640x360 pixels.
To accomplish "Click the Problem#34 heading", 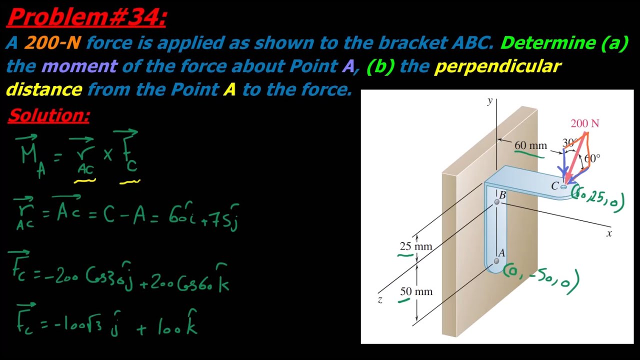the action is point(86,17).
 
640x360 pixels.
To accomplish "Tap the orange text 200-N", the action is point(52,42).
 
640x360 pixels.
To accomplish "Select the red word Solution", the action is point(49,115).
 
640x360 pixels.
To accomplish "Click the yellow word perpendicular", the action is point(497,67).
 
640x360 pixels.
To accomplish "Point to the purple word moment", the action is point(79,66).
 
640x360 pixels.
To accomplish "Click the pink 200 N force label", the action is point(585,123).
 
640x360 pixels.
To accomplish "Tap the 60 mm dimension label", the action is point(530,145).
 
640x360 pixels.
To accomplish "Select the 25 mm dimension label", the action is point(415,246).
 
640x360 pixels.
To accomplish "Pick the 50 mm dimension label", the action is point(416,291).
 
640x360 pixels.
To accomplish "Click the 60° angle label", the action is point(592,158).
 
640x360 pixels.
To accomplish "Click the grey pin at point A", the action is point(496,261).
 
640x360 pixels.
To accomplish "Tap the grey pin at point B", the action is point(497,202).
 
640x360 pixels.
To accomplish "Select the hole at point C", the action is point(563,187).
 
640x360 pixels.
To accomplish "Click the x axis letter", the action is point(609,233).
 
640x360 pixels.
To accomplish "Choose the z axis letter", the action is point(380,299).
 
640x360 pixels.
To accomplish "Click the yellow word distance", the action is point(44,89).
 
